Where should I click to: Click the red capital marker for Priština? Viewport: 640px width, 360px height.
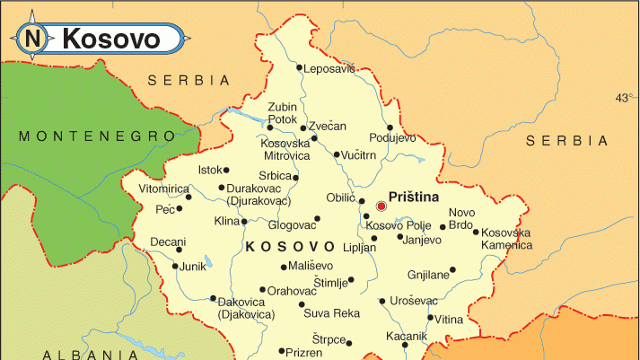pyautogui.click(x=381, y=206)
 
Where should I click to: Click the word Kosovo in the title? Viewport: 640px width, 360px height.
pyautogui.click(x=111, y=40)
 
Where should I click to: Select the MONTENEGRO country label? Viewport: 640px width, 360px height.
pyautogui.click(x=98, y=136)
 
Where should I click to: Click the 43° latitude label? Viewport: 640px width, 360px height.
pyautogui.click(x=624, y=98)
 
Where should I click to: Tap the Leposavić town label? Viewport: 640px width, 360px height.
pyautogui.click(x=329, y=68)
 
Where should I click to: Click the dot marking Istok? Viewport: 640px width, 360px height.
pyautogui.click(x=226, y=170)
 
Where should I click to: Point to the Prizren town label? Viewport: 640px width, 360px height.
pyautogui.click(x=305, y=352)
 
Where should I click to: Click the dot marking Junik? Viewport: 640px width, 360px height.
pyautogui.click(x=176, y=267)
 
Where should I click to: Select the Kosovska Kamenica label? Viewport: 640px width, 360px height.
pyautogui.click(x=505, y=239)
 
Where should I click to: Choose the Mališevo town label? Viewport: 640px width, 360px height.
pyautogui.click(x=311, y=267)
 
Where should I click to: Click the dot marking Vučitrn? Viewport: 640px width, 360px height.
pyautogui.click(x=336, y=155)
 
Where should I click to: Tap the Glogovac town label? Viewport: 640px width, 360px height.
pyautogui.click(x=293, y=224)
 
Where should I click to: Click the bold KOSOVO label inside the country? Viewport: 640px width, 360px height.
pyautogui.click(x=290, y=246)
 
